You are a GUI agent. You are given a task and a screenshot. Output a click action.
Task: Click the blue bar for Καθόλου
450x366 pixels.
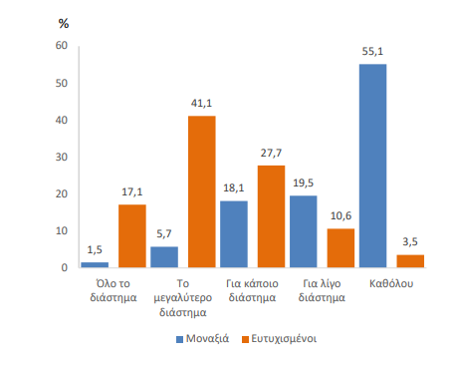click(x=372, y=166)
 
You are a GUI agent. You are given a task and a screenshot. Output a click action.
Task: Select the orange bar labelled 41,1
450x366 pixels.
click(x=201, y=191)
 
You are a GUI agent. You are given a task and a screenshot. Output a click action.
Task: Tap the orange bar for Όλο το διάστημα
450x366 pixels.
click(x=132, y=235)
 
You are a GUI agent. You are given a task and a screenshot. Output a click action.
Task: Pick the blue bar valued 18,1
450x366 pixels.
click(x=233, y=234)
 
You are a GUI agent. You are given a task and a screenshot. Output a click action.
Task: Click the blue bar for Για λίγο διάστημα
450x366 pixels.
click(x=304, y=231)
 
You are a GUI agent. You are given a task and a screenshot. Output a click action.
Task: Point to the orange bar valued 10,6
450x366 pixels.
click(x=341, y=247)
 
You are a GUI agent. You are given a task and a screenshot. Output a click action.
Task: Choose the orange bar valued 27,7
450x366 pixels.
click(x=271, y=216)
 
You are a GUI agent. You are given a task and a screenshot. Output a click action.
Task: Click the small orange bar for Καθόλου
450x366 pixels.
click(x=409, y=261)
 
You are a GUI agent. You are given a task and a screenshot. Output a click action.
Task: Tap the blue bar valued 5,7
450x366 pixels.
click(x=164, y=257)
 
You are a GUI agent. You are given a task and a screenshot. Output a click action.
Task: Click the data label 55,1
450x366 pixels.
click(x=372, y=53)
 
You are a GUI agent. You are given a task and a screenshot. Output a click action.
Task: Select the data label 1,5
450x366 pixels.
click(x=95, y=250)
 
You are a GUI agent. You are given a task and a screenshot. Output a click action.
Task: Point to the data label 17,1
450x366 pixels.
click(x=132, y=192)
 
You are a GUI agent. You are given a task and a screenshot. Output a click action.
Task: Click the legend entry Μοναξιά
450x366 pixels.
click(x=204, y=338)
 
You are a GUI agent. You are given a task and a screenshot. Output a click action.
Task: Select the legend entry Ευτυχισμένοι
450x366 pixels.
click(x=282, y=338)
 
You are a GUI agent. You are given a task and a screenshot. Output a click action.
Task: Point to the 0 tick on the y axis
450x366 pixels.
click(x=64, y=267)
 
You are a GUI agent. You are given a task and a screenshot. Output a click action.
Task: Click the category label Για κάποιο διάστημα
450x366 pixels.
click(x=251, y=289)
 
